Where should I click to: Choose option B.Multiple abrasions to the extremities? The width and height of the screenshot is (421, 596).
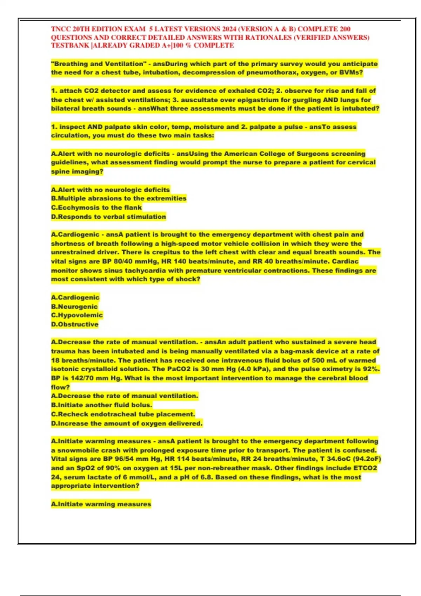tap(119, 198)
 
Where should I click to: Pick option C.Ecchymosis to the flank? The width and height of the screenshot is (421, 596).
tap(96, 208)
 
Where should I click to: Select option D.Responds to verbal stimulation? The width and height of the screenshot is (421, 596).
tap(108, 217)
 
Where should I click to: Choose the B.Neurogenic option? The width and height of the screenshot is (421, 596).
tap(74, 306)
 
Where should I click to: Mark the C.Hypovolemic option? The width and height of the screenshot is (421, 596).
tap(77, 315)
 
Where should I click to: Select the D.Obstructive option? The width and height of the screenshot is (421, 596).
tap(75, 324)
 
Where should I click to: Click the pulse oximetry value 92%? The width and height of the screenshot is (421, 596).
tap(371, 369)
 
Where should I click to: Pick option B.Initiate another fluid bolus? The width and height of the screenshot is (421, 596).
tap(101, 405)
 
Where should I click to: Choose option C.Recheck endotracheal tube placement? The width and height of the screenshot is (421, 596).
tap(123, 414)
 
